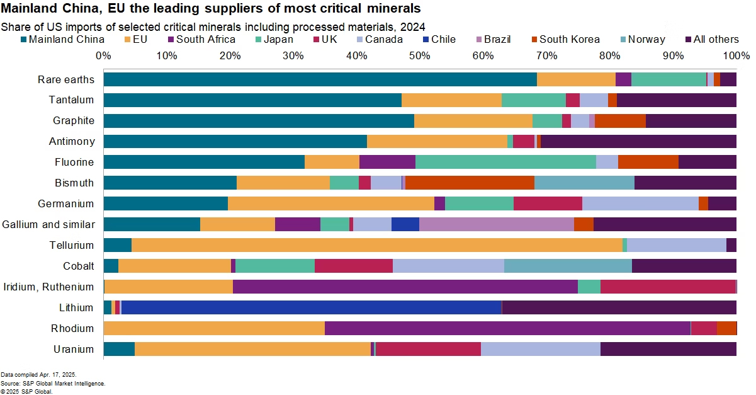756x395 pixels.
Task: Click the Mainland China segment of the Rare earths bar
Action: click(x=320, y=79)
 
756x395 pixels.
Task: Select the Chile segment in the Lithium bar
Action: click(x=311, y=307)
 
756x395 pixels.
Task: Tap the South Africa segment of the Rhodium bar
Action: click(x=507, y=328)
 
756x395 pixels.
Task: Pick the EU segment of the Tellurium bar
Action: click(x=376, y=245)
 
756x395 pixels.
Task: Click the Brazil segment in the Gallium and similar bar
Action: click(x=496, y=224)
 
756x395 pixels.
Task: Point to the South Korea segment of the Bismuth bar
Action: click(x=470, y=183)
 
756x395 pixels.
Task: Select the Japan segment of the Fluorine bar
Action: click(x=505, y=162)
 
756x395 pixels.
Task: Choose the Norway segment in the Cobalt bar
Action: click(x=568, y=266)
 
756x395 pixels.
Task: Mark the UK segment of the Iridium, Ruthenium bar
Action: click(x=668, y=287)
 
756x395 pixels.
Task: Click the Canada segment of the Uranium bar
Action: click(x=540, y=349)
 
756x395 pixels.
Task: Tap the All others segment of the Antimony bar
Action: click(x=638, y=141)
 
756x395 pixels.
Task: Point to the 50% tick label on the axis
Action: click(x=420, y=55)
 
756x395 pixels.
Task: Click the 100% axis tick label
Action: click(x=735, y=55)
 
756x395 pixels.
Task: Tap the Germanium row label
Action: click(x=66, y=203)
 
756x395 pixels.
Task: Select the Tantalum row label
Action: click(x=71, y=100)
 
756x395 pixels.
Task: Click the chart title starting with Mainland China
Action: click(x=211, y=9)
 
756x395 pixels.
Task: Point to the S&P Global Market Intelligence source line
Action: click(x=53, y=383)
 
